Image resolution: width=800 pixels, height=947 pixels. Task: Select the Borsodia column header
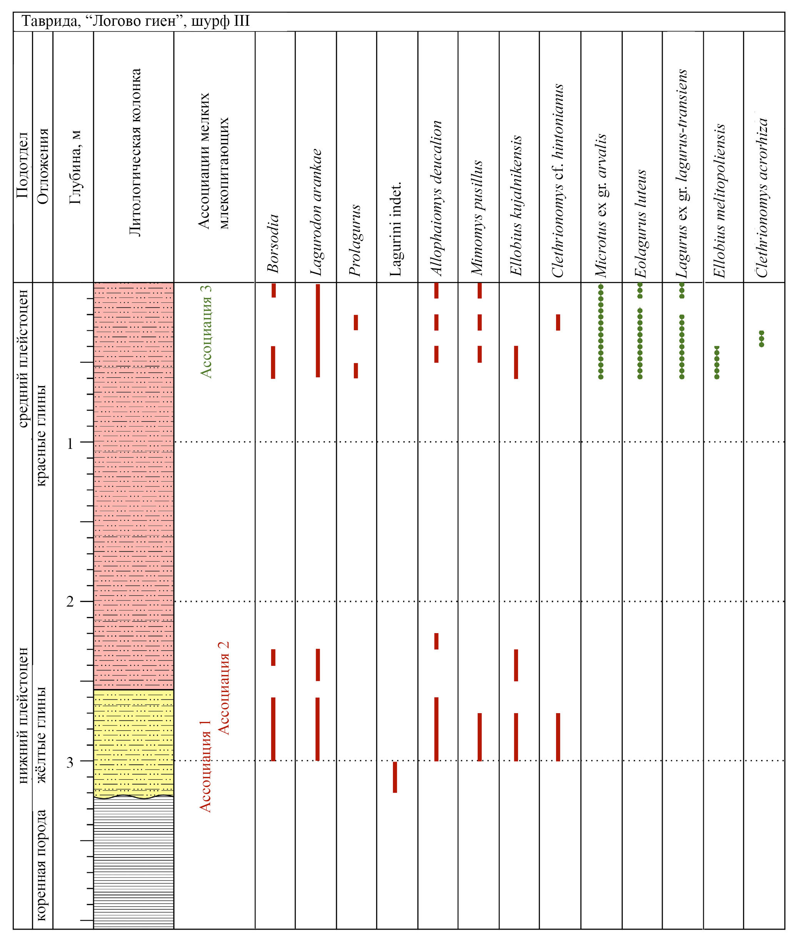pyautogui.click(x=273, y=243)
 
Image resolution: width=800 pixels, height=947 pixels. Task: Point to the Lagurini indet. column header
pyautogui.click(x=395, y=229)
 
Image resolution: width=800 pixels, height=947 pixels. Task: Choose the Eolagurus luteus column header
pyautogui.click(x=640, y=223)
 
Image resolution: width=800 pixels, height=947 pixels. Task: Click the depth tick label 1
pyautogui.click(x=70, y=443)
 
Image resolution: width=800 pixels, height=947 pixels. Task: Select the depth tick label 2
pyautogui.click(x=70, y=602)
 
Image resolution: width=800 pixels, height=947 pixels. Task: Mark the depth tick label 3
pyautogui.click(x=70, y=762)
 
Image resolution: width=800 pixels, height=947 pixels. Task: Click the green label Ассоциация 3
pyautogui.click(x=206, y=332)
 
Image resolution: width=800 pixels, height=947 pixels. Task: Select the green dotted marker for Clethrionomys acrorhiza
pyautogui.click(x=762, y=339)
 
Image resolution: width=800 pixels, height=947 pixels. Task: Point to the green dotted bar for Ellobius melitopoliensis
pyautogui.click(x=717, y=362)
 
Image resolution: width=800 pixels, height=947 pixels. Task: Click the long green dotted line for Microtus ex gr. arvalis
pyautogui.click(x=600, y=332)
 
